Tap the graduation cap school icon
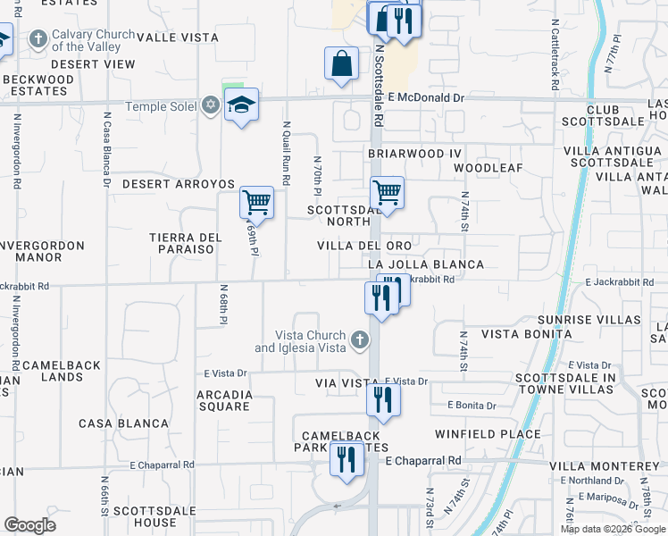click(x=241, y=105)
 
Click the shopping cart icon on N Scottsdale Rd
click(x=387, y=192)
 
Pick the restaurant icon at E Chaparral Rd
click(x=347, y=459)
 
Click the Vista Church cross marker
click(x=359, y=339)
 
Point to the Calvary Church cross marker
click(x=38, y=39)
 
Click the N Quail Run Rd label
click(x=287, y=153)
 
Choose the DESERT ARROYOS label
click(x=178, y=184)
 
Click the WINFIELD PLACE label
click(x=488, y=434)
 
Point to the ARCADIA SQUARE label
click(x=223, y=400)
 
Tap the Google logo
click(x=29, y=525)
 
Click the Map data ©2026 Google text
click(x=613, y=529)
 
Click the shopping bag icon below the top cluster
click(x=342, y=63)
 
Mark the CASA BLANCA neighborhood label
click(x=123, y=423)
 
